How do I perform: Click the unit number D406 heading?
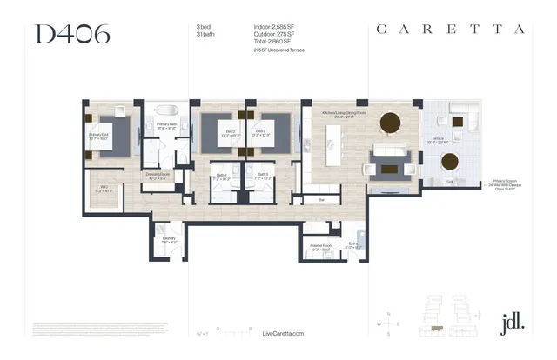(72, 35)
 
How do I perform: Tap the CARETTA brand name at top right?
(450, 29)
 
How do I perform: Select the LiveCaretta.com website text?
(284, 334)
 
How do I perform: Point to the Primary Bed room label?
(97, 135)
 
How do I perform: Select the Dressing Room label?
(158, 176)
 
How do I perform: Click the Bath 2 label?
(222, 177)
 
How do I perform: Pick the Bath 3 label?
(262, 177)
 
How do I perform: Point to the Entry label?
(353, 244)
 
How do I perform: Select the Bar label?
(321, 199)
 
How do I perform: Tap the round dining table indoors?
(389, 122)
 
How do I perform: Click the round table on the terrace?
(450, 162)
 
